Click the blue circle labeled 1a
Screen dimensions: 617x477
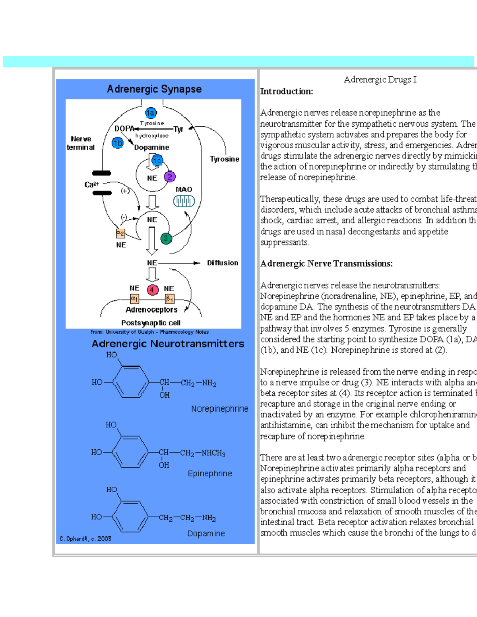tap(151, 113)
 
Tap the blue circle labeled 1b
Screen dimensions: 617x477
tap(118, 143)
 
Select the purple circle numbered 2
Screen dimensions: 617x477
tap(170, 177)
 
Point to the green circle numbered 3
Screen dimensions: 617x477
tap(166, 238)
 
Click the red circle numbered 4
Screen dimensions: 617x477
tap(152, 290)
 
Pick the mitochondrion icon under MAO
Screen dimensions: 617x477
tap(184, 201)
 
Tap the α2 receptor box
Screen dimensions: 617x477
tap(120, 233)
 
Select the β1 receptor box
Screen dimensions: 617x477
tap(170, 299)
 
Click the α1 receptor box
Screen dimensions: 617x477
tap(135, 298)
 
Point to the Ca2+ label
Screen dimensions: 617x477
tap(91, 184)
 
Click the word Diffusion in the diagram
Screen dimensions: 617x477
tap(222, 263)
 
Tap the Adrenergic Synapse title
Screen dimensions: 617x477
tap(154, 89)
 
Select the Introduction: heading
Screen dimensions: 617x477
tap(286, 91)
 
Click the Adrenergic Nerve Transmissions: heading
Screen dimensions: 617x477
tap(326, 264)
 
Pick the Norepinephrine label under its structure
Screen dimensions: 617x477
tap(219, 409)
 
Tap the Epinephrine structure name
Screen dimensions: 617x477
tap(210, 474)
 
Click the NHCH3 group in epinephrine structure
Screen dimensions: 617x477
tap(213, 453)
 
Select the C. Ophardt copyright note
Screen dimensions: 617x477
tap(85, 539)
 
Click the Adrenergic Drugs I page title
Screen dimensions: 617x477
tap(380, 80)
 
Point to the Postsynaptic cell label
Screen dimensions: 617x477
tap(151, 323)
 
